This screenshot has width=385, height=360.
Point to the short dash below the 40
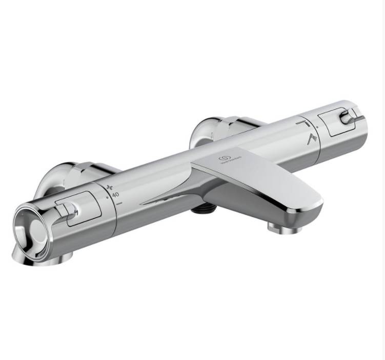tap(119, 203)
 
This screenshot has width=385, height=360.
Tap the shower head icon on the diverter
tap(311, 138)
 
